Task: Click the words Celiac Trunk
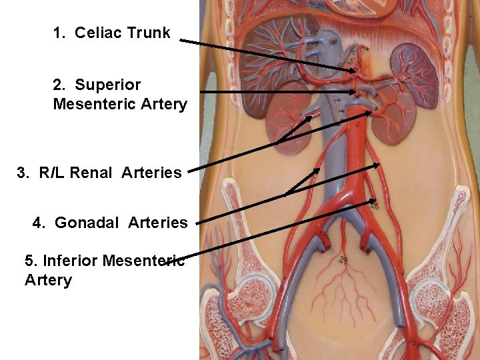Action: tap(122, 33)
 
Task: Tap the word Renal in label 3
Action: tap(92, 173)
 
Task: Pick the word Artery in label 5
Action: tap(48, 280)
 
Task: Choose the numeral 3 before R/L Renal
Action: tap(23, 173)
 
